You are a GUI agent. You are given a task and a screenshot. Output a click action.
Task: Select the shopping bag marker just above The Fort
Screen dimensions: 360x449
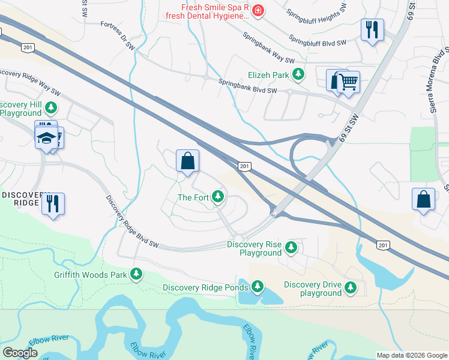[187, 161]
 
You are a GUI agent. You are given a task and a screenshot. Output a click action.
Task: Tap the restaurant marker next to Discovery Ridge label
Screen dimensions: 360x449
[53, 203]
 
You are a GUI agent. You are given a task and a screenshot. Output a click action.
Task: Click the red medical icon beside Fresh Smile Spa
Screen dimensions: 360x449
[258, 11]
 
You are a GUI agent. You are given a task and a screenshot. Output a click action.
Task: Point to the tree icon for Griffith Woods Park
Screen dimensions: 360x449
[137, 275]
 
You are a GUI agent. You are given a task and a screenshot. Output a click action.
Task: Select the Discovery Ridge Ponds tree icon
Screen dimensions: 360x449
[258, 287]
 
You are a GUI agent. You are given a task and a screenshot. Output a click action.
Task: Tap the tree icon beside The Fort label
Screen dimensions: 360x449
[219, 197]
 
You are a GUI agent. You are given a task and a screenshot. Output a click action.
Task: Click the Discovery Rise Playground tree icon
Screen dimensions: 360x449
[291, 247]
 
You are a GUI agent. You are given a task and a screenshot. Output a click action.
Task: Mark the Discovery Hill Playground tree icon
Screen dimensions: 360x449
[52, 107]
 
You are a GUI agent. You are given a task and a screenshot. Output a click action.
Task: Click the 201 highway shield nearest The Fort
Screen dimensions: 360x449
[244, 166]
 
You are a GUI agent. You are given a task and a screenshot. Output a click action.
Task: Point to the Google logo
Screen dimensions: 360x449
[20, 353]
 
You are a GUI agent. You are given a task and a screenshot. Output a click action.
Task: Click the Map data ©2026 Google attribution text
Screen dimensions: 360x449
[411, 355]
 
